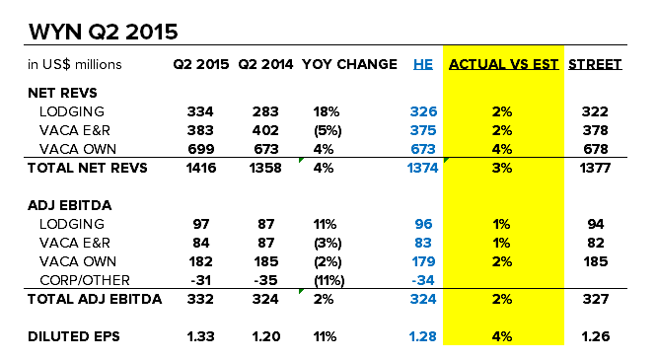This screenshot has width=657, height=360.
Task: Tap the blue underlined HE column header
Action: coord(422,65)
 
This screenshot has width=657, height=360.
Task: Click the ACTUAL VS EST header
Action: coord(503,65)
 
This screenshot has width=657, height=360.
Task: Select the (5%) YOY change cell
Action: coord(313,129)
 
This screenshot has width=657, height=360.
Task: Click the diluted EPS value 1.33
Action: coord(198,336)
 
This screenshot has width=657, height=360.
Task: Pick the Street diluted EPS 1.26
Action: coord(596,336)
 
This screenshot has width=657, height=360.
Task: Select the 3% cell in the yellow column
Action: coord(503,169)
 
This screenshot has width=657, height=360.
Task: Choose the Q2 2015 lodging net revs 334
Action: coord(200,111)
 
